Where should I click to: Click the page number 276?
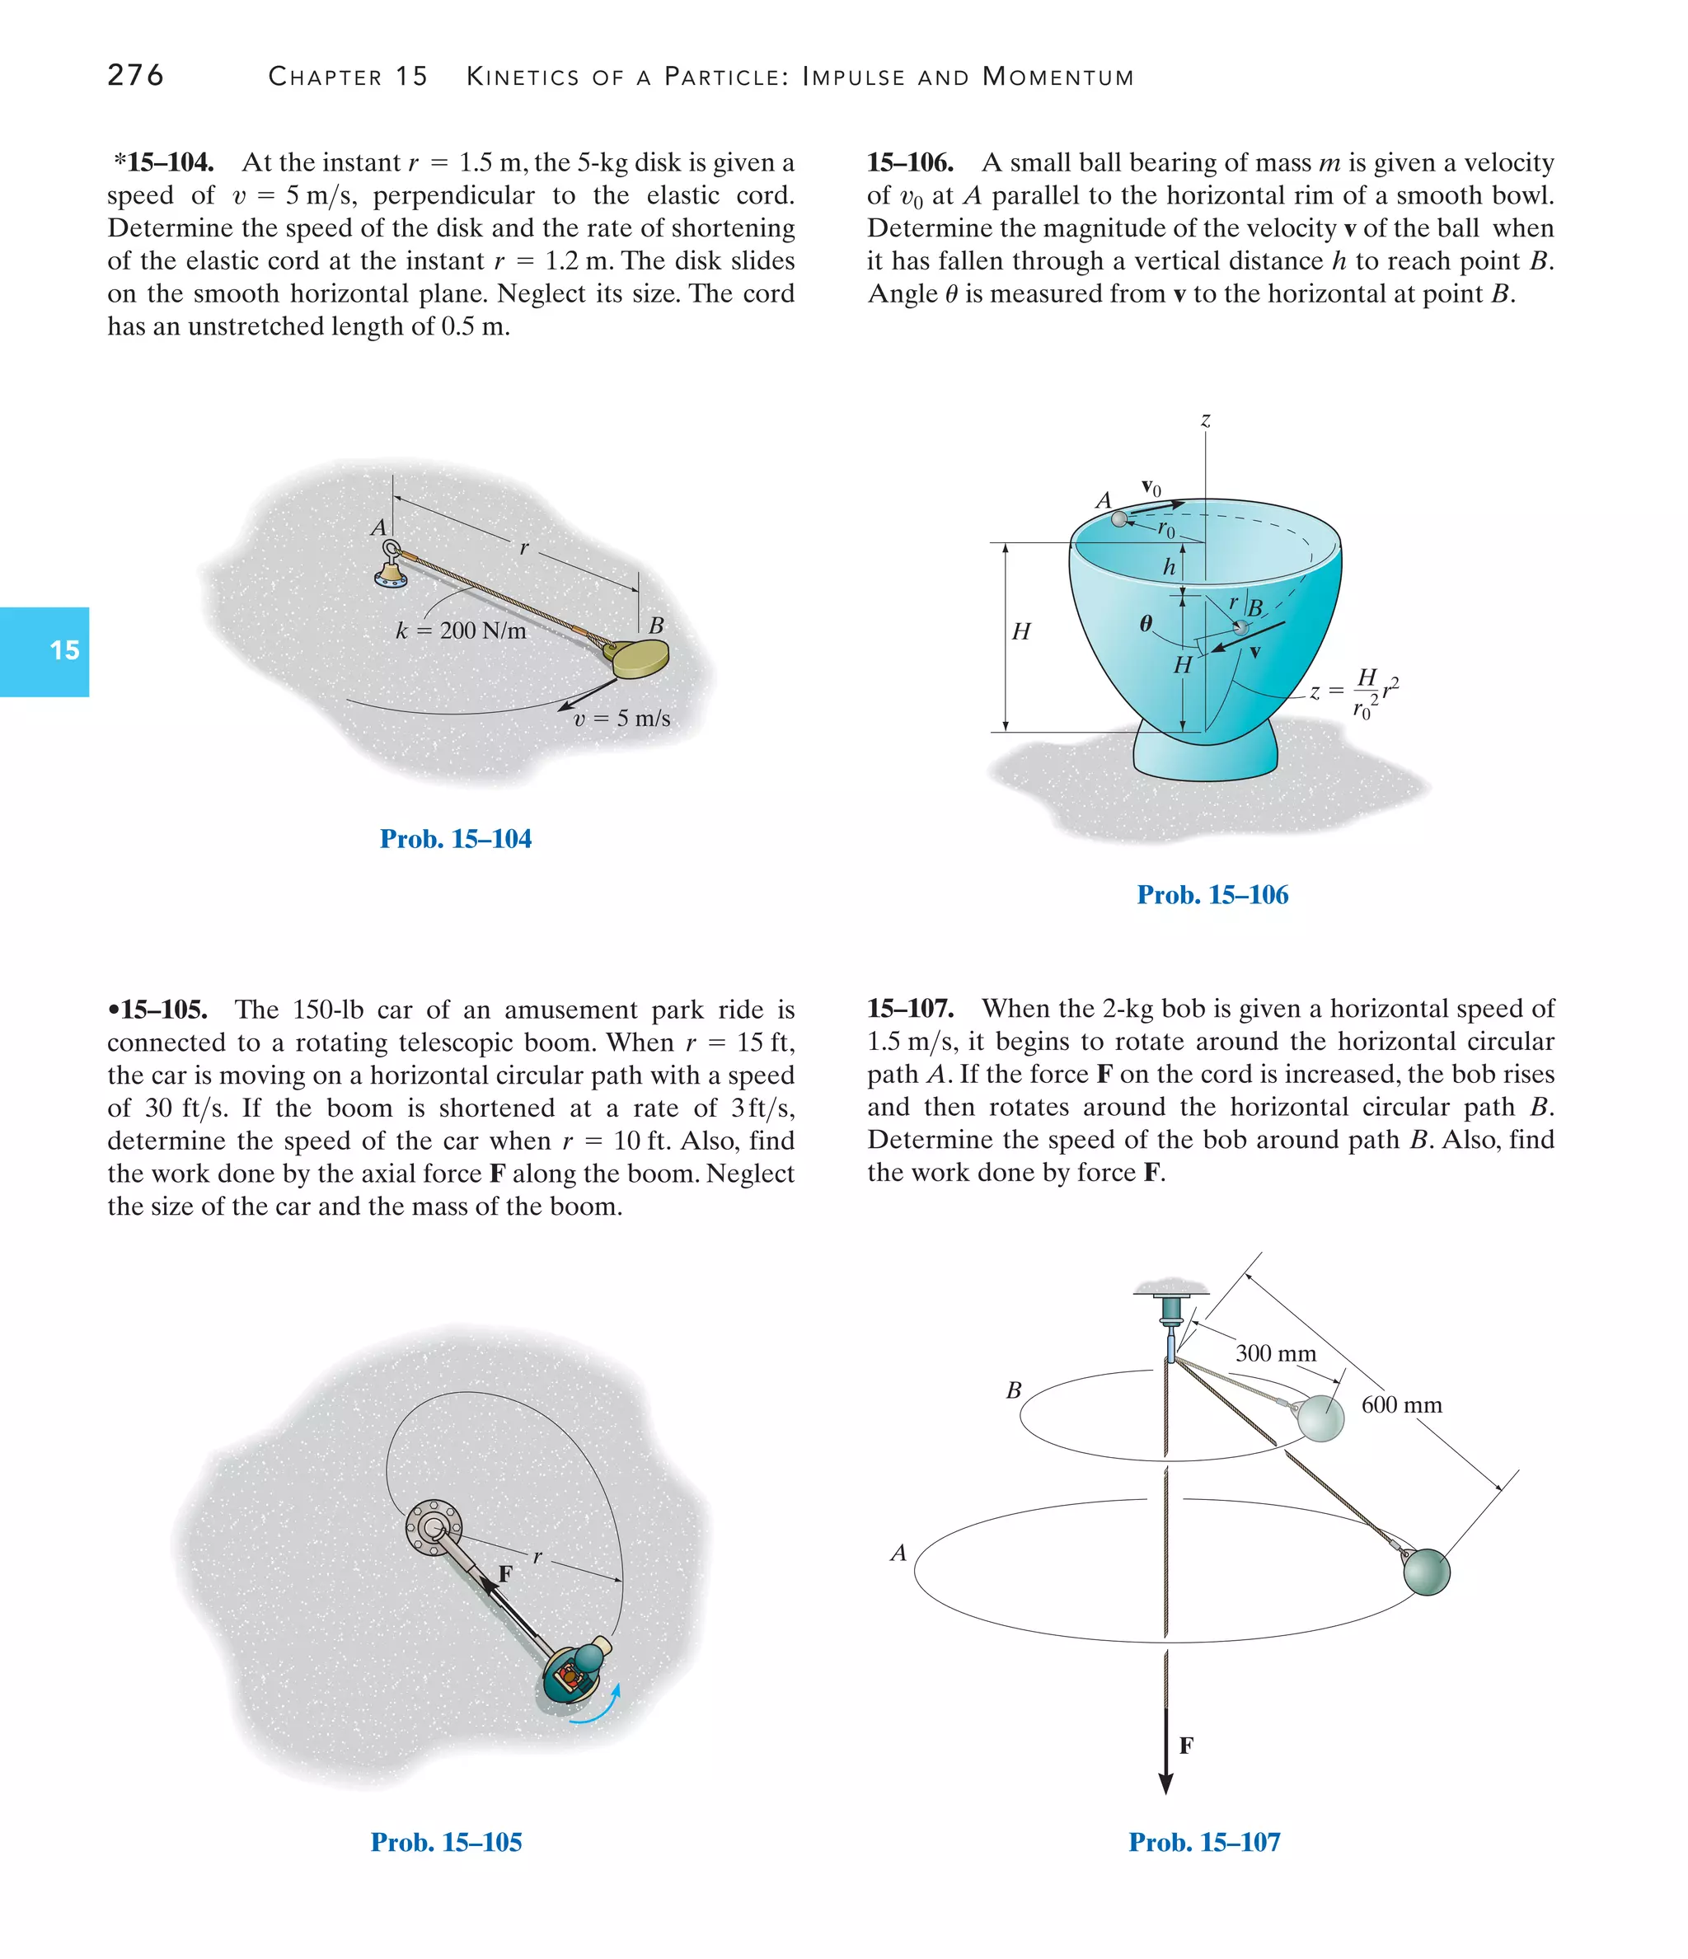coord(135,75)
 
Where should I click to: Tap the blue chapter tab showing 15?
coord(45,651)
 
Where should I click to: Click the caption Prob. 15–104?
coord(455,839)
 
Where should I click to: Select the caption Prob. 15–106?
coord(1212,894)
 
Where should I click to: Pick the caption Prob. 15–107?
coord(1204,1842)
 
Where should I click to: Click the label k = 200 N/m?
coord(461,630)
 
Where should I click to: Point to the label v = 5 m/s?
coord(621,718)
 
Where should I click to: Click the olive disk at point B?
coord(641,658)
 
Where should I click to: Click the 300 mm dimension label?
coord(1275,1353)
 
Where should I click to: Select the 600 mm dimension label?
coord(1401,1405)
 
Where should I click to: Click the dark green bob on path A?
coord(1426,1572)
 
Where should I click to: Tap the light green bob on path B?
coord(1320,1418)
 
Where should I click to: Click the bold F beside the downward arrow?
coord(1186,1746)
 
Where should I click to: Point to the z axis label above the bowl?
coord(1206,419)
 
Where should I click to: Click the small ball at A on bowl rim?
coord(1119,519)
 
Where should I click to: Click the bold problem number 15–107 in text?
coord(910,1009)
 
